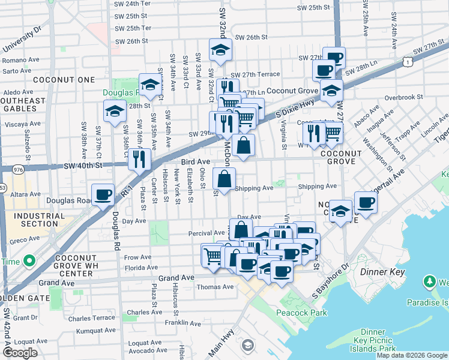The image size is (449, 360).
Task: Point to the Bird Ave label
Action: coord(196,162)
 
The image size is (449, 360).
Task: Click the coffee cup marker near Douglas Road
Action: coord(103,194)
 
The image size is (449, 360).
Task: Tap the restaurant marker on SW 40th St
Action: coord(139,159)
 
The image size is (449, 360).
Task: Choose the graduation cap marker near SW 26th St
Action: coord(220,50)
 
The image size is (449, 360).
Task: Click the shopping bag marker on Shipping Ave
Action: coord(224,179)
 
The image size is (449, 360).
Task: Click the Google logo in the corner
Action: coord(20,353)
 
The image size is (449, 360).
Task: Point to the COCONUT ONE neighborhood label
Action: coord(56,80)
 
